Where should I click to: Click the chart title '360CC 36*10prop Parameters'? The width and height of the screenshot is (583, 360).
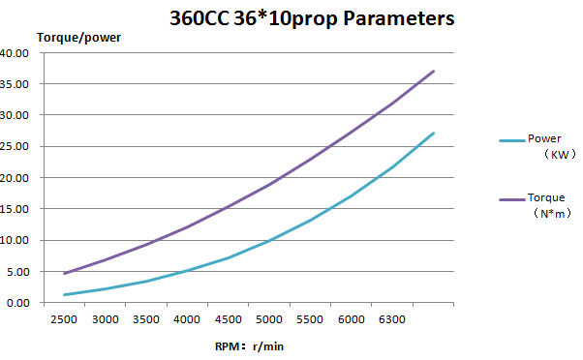coord(312,18)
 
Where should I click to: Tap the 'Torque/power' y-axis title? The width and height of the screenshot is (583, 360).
coord(78,38)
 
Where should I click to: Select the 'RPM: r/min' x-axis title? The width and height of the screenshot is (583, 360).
coord(249,346)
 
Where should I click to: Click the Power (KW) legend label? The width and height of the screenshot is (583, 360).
coord(551,146)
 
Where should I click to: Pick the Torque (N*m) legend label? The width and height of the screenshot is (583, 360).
coord(549,205)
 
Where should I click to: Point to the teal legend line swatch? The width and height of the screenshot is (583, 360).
coord(512,140)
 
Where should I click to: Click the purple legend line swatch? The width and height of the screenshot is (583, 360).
coord(512,200)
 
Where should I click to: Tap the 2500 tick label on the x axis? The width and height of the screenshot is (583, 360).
coord(64,319)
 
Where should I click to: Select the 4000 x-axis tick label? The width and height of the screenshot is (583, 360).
coord(187,319)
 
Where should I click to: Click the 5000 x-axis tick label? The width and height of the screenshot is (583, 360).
coord(269,319)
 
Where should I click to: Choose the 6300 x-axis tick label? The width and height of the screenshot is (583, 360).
coord(392,319)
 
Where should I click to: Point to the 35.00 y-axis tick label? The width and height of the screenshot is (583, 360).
coord(15,84)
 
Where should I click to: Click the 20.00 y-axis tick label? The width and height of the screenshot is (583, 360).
coord(15,178)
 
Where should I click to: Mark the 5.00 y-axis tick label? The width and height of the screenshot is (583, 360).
coord(17,272)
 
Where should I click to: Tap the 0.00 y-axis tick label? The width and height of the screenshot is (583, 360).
coord(17,303)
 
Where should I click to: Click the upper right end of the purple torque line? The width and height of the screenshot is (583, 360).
coord(434,71)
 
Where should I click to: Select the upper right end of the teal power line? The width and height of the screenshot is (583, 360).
coord(434,133)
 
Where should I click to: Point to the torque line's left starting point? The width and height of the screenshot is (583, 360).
coord(64,274)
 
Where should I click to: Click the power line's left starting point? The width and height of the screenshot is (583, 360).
coord(64,294)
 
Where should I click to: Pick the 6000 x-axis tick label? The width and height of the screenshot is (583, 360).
coord(351,319)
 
